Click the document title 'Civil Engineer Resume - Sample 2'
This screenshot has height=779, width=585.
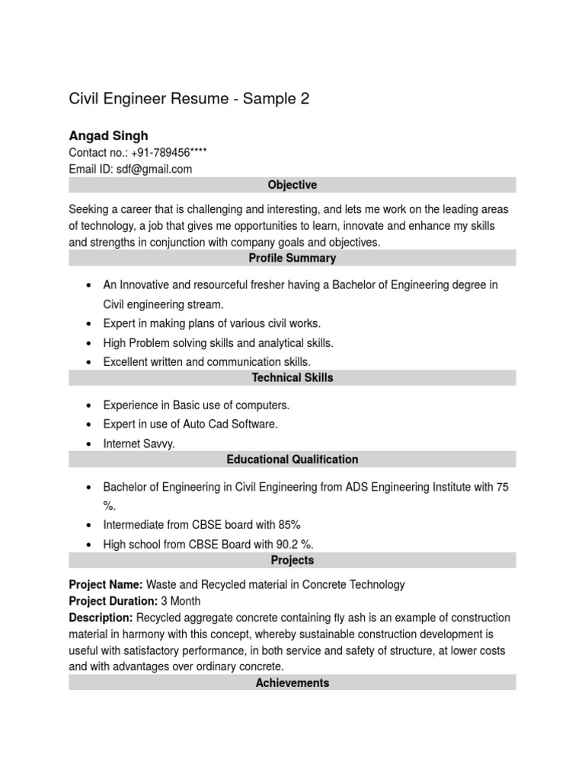pos(189,99)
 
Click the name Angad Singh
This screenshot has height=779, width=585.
pos(108,136)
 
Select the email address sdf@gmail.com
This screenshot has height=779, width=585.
pos(155,169)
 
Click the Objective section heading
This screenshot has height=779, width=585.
pos(292,185)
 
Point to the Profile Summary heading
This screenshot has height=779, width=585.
pos(292,258)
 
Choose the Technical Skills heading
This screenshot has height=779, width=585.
pos(292,377)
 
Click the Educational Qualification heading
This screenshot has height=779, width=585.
pos(292,459)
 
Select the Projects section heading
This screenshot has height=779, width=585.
pos(292,560)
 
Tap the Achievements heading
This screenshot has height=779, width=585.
pos(292,682)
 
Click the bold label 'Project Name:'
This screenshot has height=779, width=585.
pos(106,584)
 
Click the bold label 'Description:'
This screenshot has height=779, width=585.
pos(101,617)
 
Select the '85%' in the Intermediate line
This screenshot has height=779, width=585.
pos(289,525)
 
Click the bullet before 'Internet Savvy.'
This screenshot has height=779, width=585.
pos(90,444)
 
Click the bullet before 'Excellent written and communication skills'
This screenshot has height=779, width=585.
pos(90,363)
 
